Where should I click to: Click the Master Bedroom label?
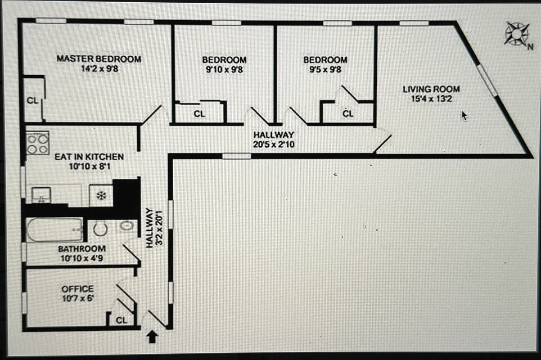point(99,59)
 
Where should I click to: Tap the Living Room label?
point(431,90)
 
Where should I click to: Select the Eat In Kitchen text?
point(89,157)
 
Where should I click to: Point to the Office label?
point(78,289)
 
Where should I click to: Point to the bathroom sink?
point(126,226)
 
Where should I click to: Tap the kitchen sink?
point(41,196)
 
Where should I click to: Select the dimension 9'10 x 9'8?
point(224,70)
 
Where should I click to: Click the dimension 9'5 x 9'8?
point(325,70)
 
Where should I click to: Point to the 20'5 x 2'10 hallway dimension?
point(274,144)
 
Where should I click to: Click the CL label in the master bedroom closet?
point(32,101)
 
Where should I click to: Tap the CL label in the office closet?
point(122,320)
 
